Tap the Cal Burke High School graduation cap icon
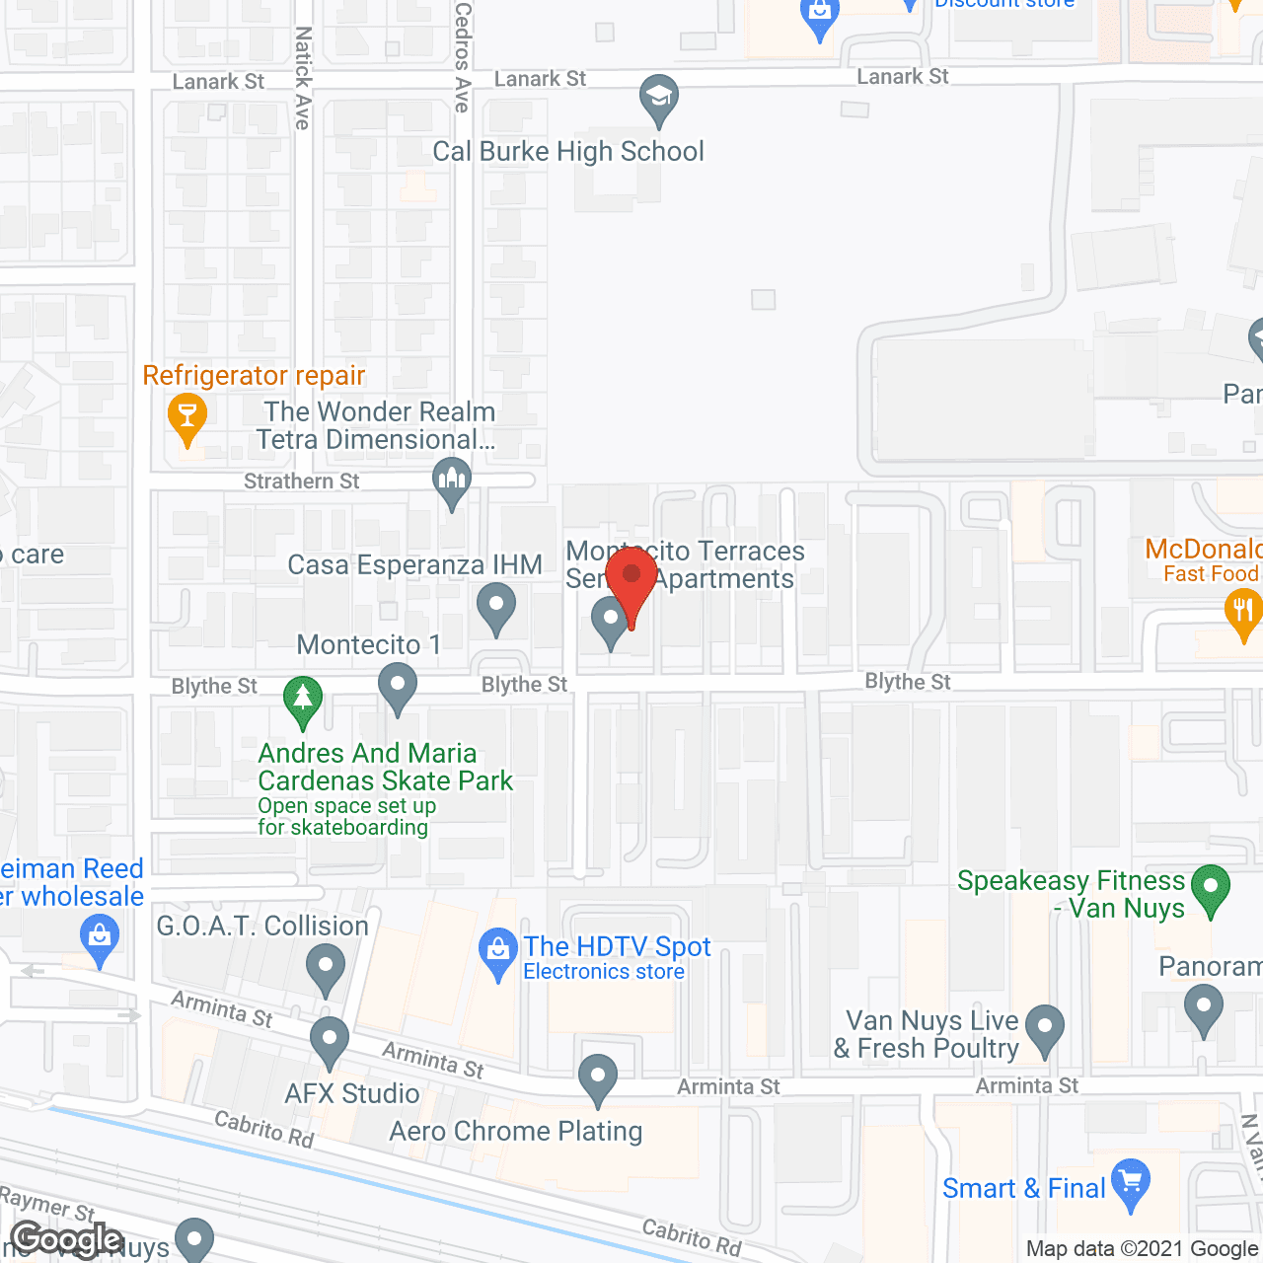pos(658,98)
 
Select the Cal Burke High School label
pos(568,152)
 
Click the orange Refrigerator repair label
pos(254,376)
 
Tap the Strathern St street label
pos(302,482)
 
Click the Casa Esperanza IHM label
pos(414,565)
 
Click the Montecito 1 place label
pos(369,645)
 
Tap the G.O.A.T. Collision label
pos(262,927)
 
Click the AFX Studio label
pos(352,1094)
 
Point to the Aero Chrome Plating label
pos(516,1132)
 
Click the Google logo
pos(67,1239)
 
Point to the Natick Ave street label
pos(303,78)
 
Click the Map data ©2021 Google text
pos(1142,1249)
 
